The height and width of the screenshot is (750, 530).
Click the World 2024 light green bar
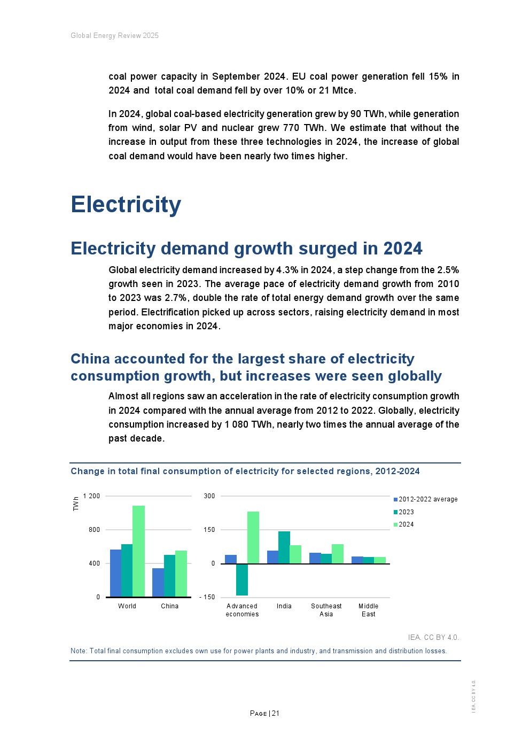click(138, 551)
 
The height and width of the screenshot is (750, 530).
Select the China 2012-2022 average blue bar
click(158, 582)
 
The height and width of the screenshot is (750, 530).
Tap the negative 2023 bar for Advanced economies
click(242, 579)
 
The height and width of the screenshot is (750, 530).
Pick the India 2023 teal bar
click(284, 547)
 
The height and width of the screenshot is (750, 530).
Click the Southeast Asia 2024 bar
click(338, 554)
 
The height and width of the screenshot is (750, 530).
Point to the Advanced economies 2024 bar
click(253, 537)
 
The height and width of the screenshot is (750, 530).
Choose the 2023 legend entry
click(406, 512)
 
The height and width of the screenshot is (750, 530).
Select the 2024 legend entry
click(406, 524)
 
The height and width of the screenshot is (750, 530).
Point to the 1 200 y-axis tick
click(92, 496)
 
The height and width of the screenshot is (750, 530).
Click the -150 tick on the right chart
click(207, 597)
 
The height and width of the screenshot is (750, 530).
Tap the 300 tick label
click(209, 496)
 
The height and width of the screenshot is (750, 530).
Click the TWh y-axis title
click(76, 504)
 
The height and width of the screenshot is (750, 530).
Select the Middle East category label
click(368, 610)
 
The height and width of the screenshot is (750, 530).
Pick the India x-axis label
click(284, 606)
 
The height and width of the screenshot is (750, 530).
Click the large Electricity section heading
click(126, 205)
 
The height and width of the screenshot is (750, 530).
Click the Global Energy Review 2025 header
click(114, 36)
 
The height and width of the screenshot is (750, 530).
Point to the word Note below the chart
click(79, 651)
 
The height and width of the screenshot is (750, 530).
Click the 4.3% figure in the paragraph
click(287, 270)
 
